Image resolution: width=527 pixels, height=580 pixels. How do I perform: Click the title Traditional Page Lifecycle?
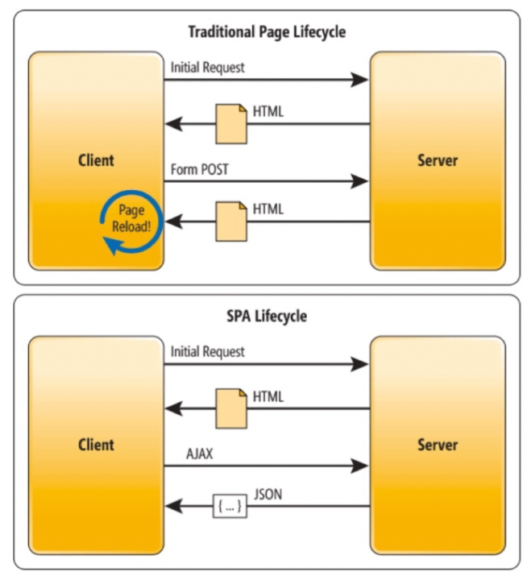click(x=266, y=32)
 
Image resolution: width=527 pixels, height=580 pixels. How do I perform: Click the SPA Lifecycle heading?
click(x=266, y=316)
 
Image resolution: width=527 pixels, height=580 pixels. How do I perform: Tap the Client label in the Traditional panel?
click(x=96, y=159)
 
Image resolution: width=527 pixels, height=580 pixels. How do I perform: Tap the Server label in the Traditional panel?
click(x=437, y=159)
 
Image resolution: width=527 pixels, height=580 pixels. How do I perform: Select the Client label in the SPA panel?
click(x=96, y=445)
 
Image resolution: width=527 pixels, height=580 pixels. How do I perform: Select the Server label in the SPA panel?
click(x=437, y=445)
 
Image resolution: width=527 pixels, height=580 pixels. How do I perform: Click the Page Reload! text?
click(x=131, y=217)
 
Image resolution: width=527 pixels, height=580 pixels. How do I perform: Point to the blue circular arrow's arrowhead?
click(x=118, y=248)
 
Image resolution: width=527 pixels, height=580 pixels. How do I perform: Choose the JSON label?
click(x=268, y=495)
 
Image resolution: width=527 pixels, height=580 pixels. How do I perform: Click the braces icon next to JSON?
click(x=230, y=506)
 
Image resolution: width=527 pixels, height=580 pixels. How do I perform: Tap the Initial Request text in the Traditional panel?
click(x=207, y=68)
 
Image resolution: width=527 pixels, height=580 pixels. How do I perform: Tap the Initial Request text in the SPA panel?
click(x=207, y=352)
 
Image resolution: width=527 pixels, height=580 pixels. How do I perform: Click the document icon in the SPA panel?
click(x=230, y=408)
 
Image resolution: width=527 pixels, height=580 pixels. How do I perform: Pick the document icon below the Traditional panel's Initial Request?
click(x=230, y=123)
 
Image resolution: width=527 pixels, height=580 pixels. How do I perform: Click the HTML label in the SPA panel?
click(x=268, y=396)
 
